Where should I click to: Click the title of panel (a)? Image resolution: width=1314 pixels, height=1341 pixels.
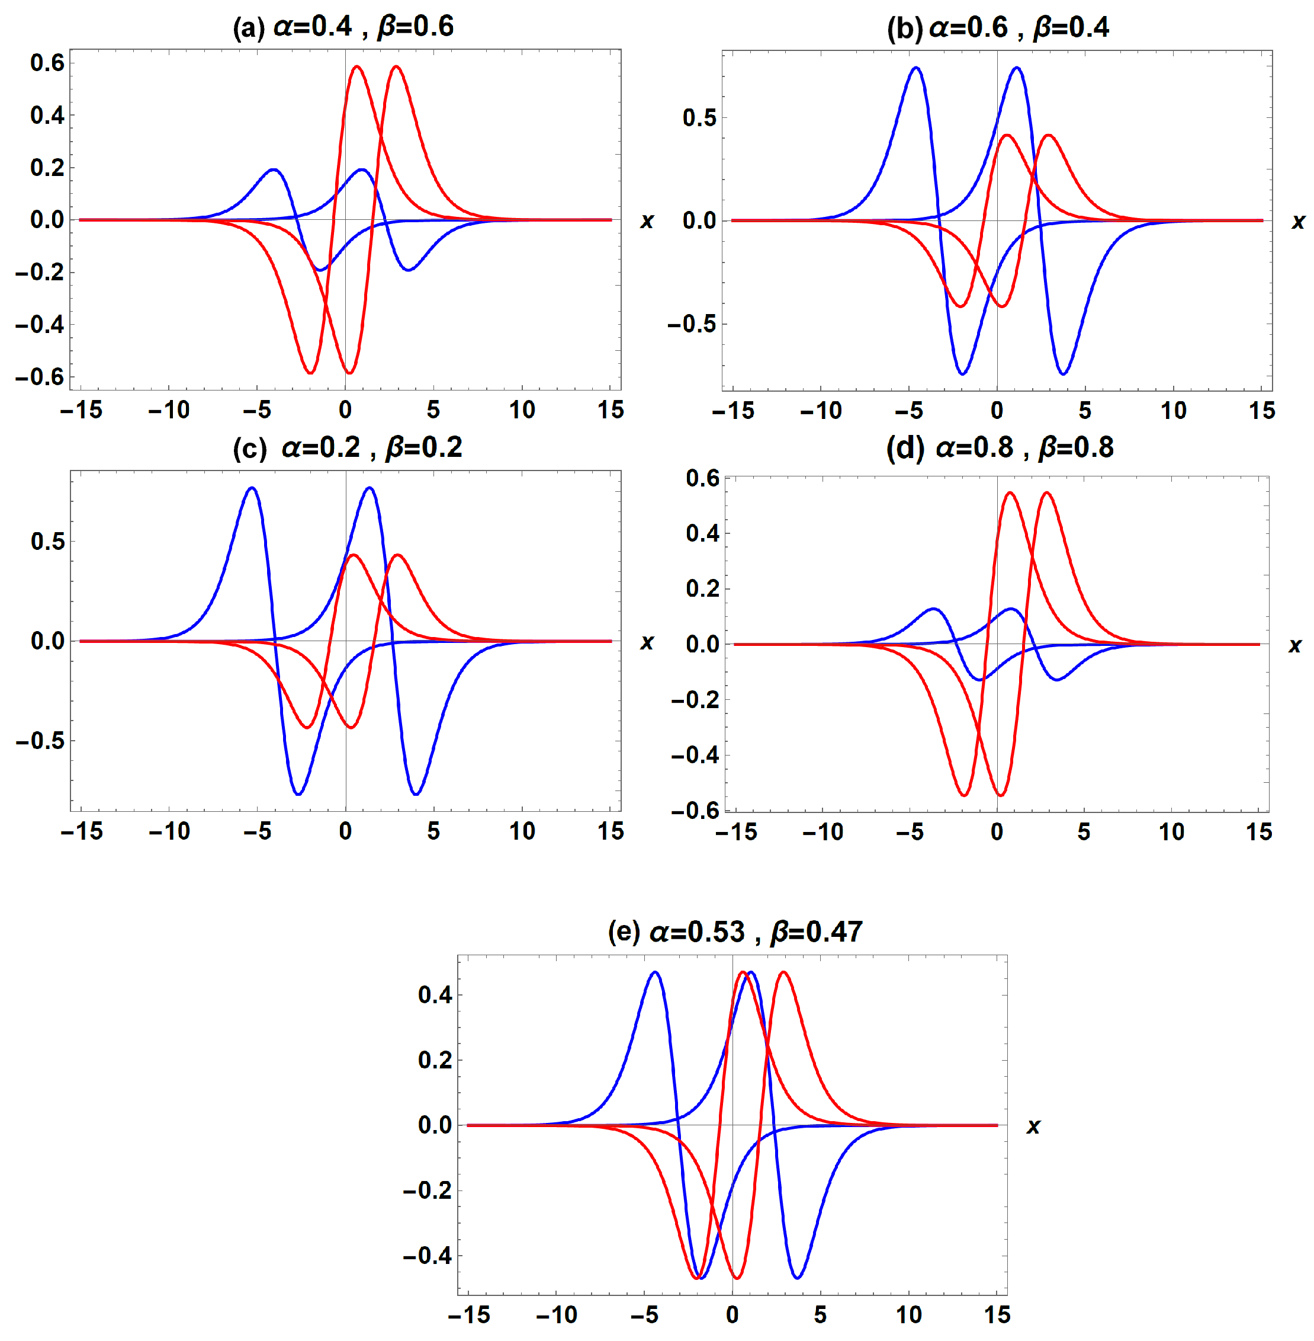click(x=343, y=27)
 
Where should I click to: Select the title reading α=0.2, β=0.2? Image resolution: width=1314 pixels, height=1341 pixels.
click(x=347, y=448)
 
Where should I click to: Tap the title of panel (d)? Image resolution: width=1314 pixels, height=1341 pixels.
click(x=1000, y=448)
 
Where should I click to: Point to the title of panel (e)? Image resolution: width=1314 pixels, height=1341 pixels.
click(x=735, y=932)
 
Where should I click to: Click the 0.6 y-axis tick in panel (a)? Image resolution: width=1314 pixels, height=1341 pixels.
click(x=47, y=63)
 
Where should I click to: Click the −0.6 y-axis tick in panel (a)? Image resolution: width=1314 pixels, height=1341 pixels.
click(x=40, y=377)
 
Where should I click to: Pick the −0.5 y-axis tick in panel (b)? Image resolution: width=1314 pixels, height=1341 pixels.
click(x=692, y=325)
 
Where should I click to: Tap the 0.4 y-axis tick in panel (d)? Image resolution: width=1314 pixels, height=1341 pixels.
click(x=702, y=533)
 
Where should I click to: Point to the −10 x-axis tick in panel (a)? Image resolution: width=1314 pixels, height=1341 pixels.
click(x=169, y=410)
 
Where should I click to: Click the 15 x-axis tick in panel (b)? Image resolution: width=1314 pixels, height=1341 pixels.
click(x=1261, y=411)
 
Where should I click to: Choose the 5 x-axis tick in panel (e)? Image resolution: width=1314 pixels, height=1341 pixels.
click(x=820, y=1314)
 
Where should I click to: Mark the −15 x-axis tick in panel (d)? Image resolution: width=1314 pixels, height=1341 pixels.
click(x=735, y=832)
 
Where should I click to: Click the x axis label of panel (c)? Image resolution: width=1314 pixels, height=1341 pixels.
click(x=647, y=642)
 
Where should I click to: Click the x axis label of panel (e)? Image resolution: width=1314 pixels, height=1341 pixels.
click(x=1033, y=1126)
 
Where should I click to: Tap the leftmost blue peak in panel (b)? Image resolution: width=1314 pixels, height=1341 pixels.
click(x=916, y=68)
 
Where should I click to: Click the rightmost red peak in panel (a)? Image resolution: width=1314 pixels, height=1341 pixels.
click(x=396, y=66)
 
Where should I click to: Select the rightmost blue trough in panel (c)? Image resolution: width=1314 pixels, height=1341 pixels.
click(x=416, y=794)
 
